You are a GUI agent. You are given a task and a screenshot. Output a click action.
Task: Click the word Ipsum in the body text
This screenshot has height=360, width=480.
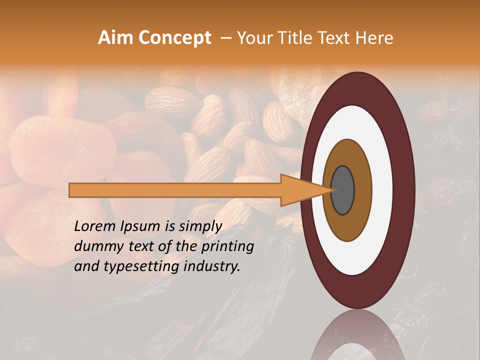[139, 226]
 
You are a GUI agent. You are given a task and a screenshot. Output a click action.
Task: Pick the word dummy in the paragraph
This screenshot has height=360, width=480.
[94, 246]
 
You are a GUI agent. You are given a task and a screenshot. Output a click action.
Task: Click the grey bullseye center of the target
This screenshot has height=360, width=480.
[343, 190]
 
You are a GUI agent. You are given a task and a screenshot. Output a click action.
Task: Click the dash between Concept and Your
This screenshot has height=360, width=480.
[226, 37]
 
